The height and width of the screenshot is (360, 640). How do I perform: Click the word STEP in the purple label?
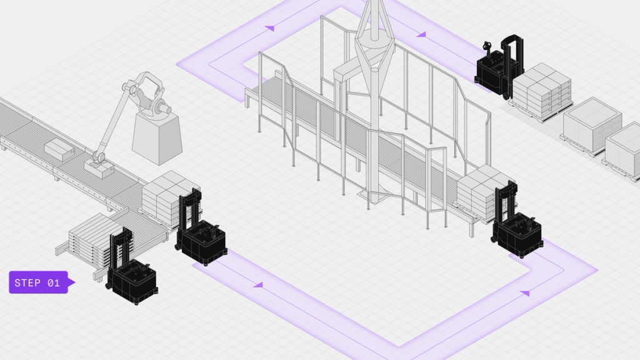point(27,283)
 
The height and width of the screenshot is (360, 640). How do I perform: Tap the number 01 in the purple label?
point(53,283)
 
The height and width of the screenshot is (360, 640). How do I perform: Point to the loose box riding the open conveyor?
point(59,149)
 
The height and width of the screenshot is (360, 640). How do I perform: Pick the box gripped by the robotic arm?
point(97,166)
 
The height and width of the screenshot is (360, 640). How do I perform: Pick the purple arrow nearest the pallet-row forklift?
point(421,35)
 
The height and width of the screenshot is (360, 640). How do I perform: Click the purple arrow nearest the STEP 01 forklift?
point(257,285)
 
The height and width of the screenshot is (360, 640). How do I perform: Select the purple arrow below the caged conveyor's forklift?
point(524,292)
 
